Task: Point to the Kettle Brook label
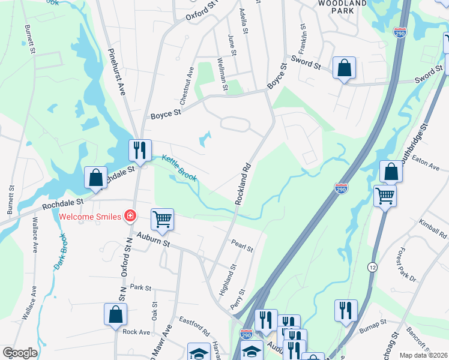(179, 168)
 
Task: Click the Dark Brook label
(61, 251)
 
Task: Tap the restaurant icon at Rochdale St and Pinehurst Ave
(140, 151)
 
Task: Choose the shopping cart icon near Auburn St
(162, 220)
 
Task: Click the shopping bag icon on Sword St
(345, 68)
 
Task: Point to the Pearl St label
(242, 245)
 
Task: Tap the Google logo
(20, 353)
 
